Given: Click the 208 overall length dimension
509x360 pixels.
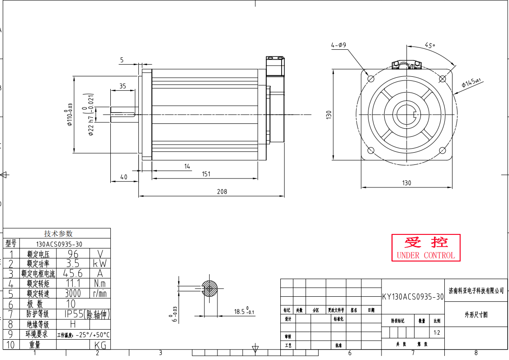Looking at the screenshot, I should point(222,192).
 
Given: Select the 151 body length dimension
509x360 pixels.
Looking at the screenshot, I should point(206,174).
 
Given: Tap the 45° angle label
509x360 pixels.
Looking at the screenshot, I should point(430,45).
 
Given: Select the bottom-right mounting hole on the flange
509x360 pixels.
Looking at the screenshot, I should point(443,150).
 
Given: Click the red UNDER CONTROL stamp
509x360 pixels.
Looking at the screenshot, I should point(425,248).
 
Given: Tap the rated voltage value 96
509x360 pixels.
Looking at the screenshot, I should point(73,254).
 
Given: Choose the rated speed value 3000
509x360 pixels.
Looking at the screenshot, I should point(73,294).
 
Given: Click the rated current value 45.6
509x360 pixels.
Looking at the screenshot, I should point(73,274).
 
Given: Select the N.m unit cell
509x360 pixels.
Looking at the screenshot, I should point(100,284).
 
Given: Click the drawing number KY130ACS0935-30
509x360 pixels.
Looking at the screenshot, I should point(413,297).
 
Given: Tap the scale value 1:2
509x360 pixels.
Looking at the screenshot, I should point(437,333).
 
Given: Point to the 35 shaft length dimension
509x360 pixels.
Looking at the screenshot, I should point(123,86).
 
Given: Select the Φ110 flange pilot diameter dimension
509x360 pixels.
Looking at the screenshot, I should point(69,115).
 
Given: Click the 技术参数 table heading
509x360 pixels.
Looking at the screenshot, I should point(58,234).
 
